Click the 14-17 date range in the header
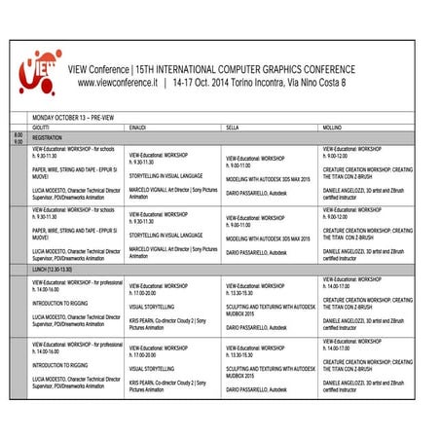[187, 84]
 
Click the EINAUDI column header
[140, 128]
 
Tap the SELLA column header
[234, 128]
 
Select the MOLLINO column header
[333, 128]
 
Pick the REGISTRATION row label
[48, 138]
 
